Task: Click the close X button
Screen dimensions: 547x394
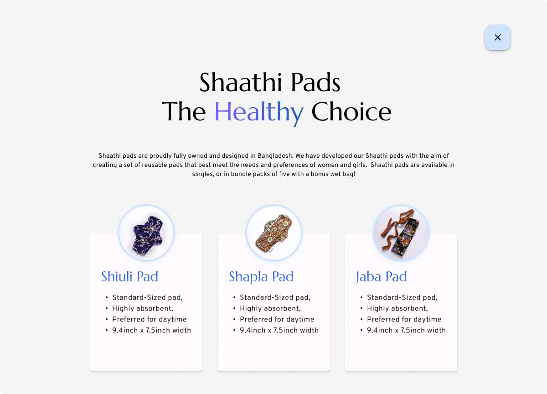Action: (x=497, y=37)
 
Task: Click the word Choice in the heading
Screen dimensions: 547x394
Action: (x=351, y=112)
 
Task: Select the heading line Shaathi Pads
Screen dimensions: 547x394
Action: (x=270, y=83)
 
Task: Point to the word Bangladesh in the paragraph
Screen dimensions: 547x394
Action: (x=275, y=156)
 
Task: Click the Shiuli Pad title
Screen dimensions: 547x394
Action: (x=129, y=276)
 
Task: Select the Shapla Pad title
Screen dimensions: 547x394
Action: (x=261, y=277)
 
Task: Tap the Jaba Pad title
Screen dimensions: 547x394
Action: (x=381, y=277)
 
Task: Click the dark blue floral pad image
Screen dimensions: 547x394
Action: (x=146, y=233)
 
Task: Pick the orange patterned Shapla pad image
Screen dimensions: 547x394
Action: (x=274, y=233)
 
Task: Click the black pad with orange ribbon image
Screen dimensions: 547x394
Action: (x=401, y=233)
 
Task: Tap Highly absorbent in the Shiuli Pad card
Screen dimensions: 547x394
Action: (x=143, y=309)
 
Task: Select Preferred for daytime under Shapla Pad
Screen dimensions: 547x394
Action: (x=277, y=320)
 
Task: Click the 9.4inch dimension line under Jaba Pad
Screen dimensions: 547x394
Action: (x=406, y=330)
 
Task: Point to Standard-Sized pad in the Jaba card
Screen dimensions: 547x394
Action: (x=402, y=297)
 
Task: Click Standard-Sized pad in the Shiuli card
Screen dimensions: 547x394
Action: (x=147, y=297)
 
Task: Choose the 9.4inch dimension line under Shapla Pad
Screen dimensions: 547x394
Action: (x=279, y=330)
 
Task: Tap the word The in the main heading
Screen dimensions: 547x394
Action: (x=184, y=112)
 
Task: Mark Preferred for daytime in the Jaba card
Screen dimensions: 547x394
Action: (x=404, y=320)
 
